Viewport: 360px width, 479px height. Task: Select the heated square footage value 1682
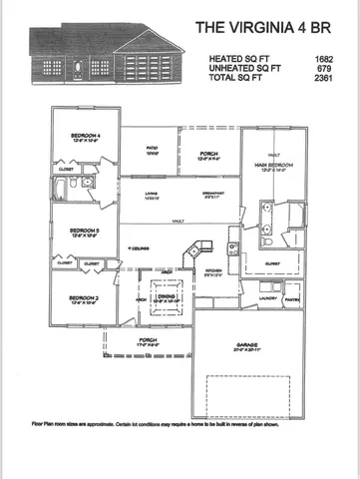pos(321,60)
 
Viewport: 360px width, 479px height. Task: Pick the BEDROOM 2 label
pos(84,296)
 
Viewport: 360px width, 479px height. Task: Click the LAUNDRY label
pos(266,296)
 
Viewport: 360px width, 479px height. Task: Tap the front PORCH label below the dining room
pos(147,339)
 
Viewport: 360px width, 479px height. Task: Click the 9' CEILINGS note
pos(140,248)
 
